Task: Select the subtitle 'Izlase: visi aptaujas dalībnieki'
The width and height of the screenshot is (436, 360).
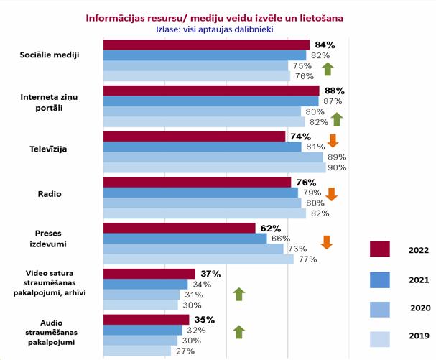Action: click(x=215, y=29)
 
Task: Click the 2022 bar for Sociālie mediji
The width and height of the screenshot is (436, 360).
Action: click(x=206, y=45)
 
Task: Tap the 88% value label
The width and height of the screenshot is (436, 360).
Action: click(x=335, y=91)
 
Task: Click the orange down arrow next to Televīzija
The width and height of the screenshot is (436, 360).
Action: click(x=333, y=140)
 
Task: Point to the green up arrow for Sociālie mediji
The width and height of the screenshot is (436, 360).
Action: click(x=328, y=69)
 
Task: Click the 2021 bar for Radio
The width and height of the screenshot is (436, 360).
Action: click(x=200, y=193)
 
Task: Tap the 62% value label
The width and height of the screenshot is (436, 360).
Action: click(x=271, y=228)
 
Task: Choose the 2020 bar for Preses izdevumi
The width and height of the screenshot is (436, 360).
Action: click(x=193, y=249)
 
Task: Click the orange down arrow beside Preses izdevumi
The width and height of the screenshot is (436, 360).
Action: click(x=327, y=241)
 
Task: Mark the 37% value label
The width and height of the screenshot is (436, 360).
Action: click(x=210, y=274)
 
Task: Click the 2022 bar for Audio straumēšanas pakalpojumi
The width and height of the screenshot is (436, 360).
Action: click(x=146, y=320)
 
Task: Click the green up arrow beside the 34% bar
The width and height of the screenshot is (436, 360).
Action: click(x=239, y=293)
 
